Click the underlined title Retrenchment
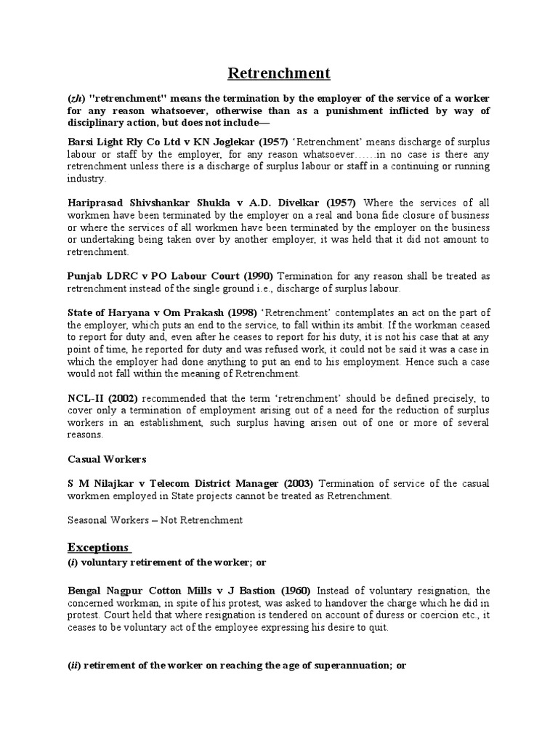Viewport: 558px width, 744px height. tap(279, 73)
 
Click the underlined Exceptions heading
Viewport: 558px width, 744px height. tap(98, 546)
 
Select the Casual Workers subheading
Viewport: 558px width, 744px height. tap(107, 459)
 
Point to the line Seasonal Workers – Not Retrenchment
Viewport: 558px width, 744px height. tap(155, 520)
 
